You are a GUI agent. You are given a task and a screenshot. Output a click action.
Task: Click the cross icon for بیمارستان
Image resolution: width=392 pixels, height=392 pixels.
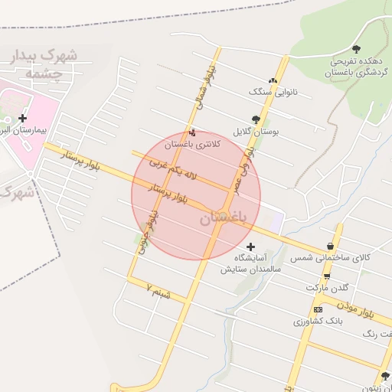coord(22,118)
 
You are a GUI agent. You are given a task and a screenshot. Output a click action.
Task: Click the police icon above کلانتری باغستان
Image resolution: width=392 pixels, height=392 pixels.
coord(191,132)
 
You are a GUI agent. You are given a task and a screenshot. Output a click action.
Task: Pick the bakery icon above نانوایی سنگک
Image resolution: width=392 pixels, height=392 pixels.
coord(272,80)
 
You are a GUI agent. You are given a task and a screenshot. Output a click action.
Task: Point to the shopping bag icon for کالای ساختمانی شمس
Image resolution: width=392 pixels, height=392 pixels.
coord(330,247)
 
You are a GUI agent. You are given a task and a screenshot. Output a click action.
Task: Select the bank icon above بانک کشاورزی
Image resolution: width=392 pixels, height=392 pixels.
coord(318,309)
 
